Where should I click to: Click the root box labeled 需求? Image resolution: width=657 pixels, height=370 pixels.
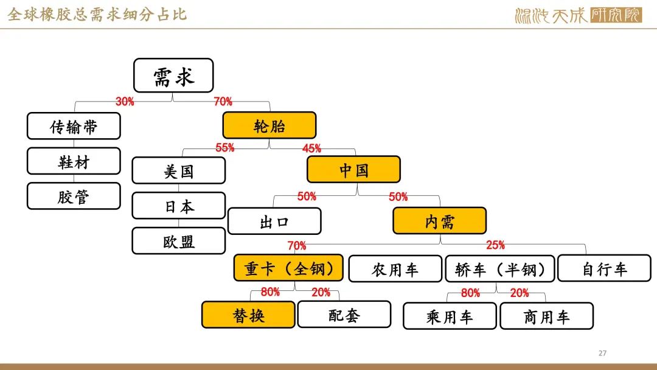[173, 75]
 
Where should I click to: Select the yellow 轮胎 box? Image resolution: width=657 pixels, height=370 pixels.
[269, 125]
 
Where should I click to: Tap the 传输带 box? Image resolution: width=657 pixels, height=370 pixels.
[74, 126]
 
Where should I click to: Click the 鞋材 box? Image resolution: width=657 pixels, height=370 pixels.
[74, 161]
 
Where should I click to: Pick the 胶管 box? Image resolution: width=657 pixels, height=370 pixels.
[74, 196]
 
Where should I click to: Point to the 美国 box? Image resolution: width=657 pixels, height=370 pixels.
[178, 170]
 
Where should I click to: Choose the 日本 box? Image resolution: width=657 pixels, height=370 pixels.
[178, 206]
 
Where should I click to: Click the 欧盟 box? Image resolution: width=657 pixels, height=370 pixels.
[178, 240]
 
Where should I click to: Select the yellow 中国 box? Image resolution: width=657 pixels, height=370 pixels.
[353, 169]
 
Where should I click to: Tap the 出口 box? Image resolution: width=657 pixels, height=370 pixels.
[274, 221]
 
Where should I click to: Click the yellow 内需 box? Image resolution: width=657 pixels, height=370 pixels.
[439, 221]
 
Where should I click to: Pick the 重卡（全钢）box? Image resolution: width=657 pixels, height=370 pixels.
[288, 268]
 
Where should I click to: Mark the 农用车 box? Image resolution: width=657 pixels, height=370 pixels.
[395, 269]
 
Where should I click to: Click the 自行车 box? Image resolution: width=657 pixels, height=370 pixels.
[604, 268]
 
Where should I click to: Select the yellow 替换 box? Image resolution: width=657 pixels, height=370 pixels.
[248, 315]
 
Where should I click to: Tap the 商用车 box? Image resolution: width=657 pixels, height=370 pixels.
[546, 316]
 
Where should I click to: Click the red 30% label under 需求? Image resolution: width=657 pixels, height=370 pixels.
[125, 102]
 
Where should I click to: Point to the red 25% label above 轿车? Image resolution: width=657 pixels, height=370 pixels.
[495, 246]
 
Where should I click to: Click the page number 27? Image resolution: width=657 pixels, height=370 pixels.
[603, 354]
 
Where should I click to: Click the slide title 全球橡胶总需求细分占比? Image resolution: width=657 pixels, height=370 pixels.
[97, 13]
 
